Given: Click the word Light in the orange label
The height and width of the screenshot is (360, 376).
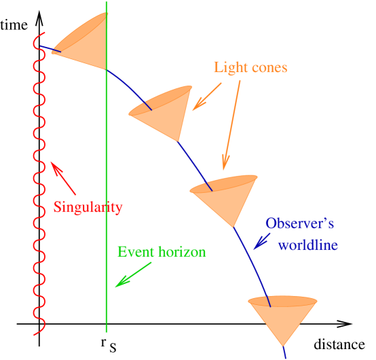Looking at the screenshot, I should click(x=229, y=68).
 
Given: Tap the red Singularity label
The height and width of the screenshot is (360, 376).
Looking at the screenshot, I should click(x=88, y=207).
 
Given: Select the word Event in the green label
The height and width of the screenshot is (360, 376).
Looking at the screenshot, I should click(x=134, y=252).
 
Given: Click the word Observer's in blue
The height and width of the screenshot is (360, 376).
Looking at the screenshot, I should click(x=299, y=223).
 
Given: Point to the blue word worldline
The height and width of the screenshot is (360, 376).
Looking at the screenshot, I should click(x=307, y=245).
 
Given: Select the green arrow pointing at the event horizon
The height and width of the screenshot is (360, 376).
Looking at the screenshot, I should click(x=133, y=274).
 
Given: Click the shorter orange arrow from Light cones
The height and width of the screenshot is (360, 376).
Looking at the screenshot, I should click(x=207, y=97).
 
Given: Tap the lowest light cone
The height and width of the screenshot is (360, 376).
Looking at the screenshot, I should click(x=282, y=316).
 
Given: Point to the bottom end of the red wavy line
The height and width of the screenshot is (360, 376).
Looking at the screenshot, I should click(x=39, y=334).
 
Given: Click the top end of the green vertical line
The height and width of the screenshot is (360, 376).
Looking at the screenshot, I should click(x=107, y=2).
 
